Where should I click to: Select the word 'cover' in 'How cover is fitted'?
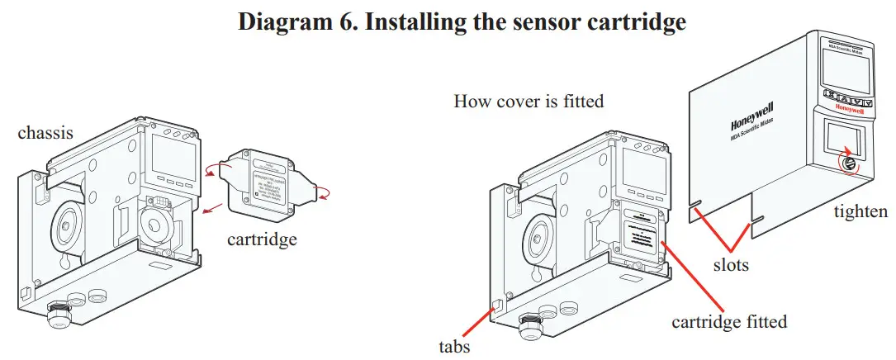tap(519, 102)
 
